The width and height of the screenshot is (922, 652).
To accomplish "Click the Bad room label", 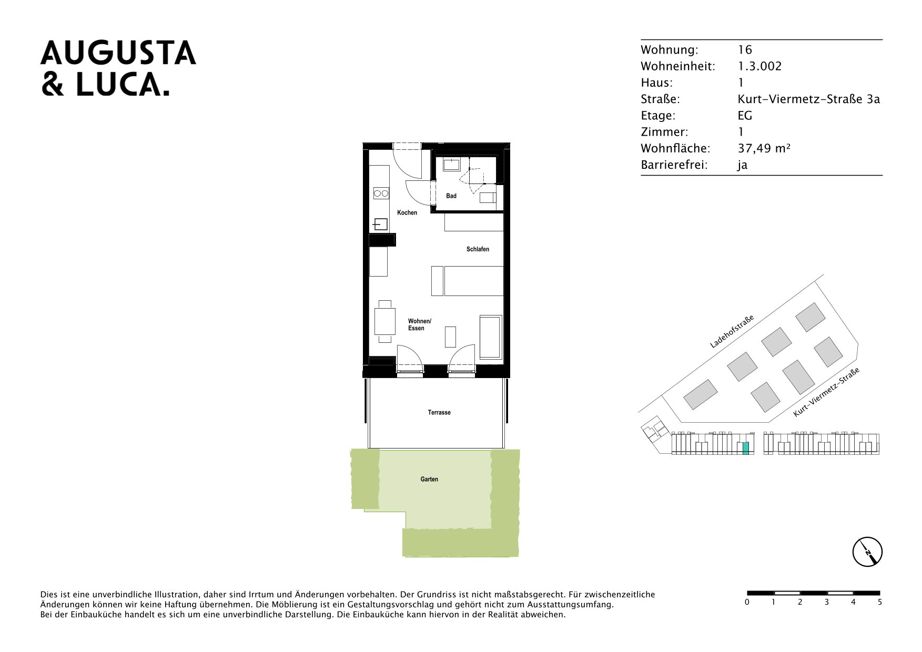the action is click(451, 196).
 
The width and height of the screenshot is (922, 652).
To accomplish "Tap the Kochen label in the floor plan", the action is click(407, 213).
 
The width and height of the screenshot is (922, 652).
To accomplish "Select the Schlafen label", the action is click(478, 249).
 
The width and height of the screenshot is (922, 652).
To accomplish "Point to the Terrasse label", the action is click(439, 413).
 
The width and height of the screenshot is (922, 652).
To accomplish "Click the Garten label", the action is click(429, 480).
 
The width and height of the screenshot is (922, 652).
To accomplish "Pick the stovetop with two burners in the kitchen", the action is click(381, 193).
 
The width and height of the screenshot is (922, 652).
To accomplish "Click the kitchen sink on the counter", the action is click(381, 225).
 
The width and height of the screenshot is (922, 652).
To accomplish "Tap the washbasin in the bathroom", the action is click(452, 165).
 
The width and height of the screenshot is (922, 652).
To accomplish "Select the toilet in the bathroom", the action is click(488, 198).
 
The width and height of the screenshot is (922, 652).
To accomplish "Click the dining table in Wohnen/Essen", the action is click(385, 321).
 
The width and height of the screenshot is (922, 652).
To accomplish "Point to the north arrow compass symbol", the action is click(867, 552).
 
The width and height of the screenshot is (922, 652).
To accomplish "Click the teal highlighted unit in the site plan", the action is click(746, 449).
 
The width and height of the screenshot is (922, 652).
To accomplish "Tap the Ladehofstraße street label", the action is click(732, 332).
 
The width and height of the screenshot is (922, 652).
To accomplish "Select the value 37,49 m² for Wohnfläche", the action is click(764, 148).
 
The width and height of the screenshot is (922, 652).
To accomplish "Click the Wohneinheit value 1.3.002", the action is click(759, 66).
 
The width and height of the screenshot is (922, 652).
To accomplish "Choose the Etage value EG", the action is click(745, 116).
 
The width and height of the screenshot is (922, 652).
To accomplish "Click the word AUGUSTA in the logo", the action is click(118, 53).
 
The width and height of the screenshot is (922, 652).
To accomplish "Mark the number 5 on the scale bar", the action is click(880, 602).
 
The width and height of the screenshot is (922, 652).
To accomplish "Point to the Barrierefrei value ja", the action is click(742, 165).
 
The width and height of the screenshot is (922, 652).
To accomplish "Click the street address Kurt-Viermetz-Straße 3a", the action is click(808, 99).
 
